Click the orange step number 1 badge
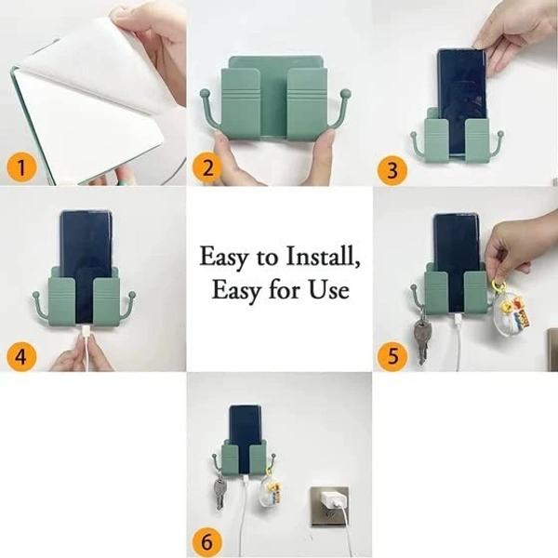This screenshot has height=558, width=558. point(21,167)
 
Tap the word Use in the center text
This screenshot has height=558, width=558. point(331,289)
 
